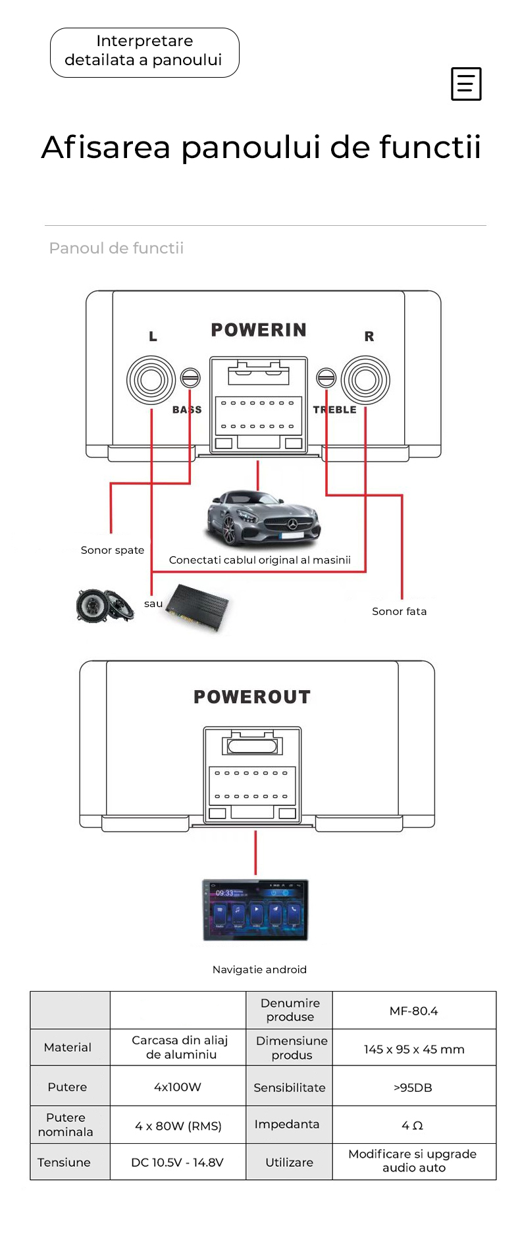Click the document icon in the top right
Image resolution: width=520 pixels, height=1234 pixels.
466,84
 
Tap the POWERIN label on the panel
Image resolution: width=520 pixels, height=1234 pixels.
259,330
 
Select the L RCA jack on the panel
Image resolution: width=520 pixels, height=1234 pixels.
151,379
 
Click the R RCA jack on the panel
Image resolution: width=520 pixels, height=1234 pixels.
365,380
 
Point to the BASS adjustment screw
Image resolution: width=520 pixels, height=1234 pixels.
190,377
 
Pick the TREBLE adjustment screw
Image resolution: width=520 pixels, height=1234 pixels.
326,377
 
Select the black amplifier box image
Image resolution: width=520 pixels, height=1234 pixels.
197,608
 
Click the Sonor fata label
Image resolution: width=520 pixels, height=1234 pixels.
399,611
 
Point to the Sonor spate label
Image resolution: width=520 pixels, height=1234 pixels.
113,550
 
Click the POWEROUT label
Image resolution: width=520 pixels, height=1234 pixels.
252,697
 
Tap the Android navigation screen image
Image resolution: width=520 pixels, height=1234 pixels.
255,909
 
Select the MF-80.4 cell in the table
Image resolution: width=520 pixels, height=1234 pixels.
413,1011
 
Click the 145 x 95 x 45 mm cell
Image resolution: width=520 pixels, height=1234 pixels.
414,1049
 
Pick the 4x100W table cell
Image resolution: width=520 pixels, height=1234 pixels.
177,1086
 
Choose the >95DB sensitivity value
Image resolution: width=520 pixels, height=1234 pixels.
413,1087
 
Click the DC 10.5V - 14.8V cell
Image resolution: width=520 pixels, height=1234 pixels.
177,1162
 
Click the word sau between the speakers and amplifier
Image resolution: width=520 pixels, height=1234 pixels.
153,603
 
